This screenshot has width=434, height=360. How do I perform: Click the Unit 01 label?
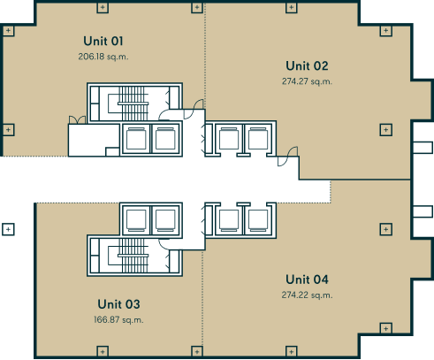pos(103,41)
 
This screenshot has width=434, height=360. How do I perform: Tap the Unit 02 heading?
pos(307,65)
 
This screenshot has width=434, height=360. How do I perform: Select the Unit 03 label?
pos(118,304)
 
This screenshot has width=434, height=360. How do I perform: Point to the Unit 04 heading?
pos(307,280)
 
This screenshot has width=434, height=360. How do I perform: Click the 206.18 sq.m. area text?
pos(103,57)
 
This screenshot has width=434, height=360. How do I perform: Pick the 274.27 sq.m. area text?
pos(307,81)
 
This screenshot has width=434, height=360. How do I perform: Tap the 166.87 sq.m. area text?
pos(118,319)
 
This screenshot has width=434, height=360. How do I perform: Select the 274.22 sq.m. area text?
pos(307,295)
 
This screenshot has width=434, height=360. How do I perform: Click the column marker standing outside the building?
pos(8,229)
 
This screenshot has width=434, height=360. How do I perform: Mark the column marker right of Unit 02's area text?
pos(386,130)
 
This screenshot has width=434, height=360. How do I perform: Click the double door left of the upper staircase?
pos(77,119)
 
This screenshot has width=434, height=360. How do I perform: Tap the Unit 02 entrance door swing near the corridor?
pos(287,157)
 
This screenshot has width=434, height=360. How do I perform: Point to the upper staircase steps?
pos(133,103)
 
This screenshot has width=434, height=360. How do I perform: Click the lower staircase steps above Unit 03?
pos(133,256)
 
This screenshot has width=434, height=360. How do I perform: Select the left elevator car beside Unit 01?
pos(136,139)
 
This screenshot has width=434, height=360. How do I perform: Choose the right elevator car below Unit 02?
pos(258,139)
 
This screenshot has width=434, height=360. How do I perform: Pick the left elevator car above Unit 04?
pos(229,220)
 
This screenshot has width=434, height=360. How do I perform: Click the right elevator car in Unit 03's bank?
pos(165,220)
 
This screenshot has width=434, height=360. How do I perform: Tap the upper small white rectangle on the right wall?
pos(423,148)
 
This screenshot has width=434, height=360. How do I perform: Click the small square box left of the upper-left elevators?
pos(112,151)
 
